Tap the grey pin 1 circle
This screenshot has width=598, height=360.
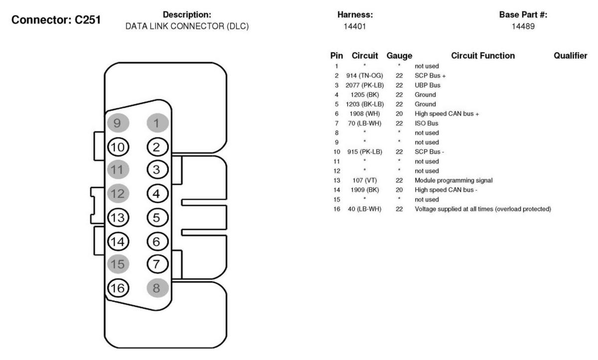point(157,122)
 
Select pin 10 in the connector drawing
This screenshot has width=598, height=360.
point(119,147)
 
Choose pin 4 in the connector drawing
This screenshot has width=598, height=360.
point(157,193)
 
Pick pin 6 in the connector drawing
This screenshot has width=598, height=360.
point(157,241)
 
